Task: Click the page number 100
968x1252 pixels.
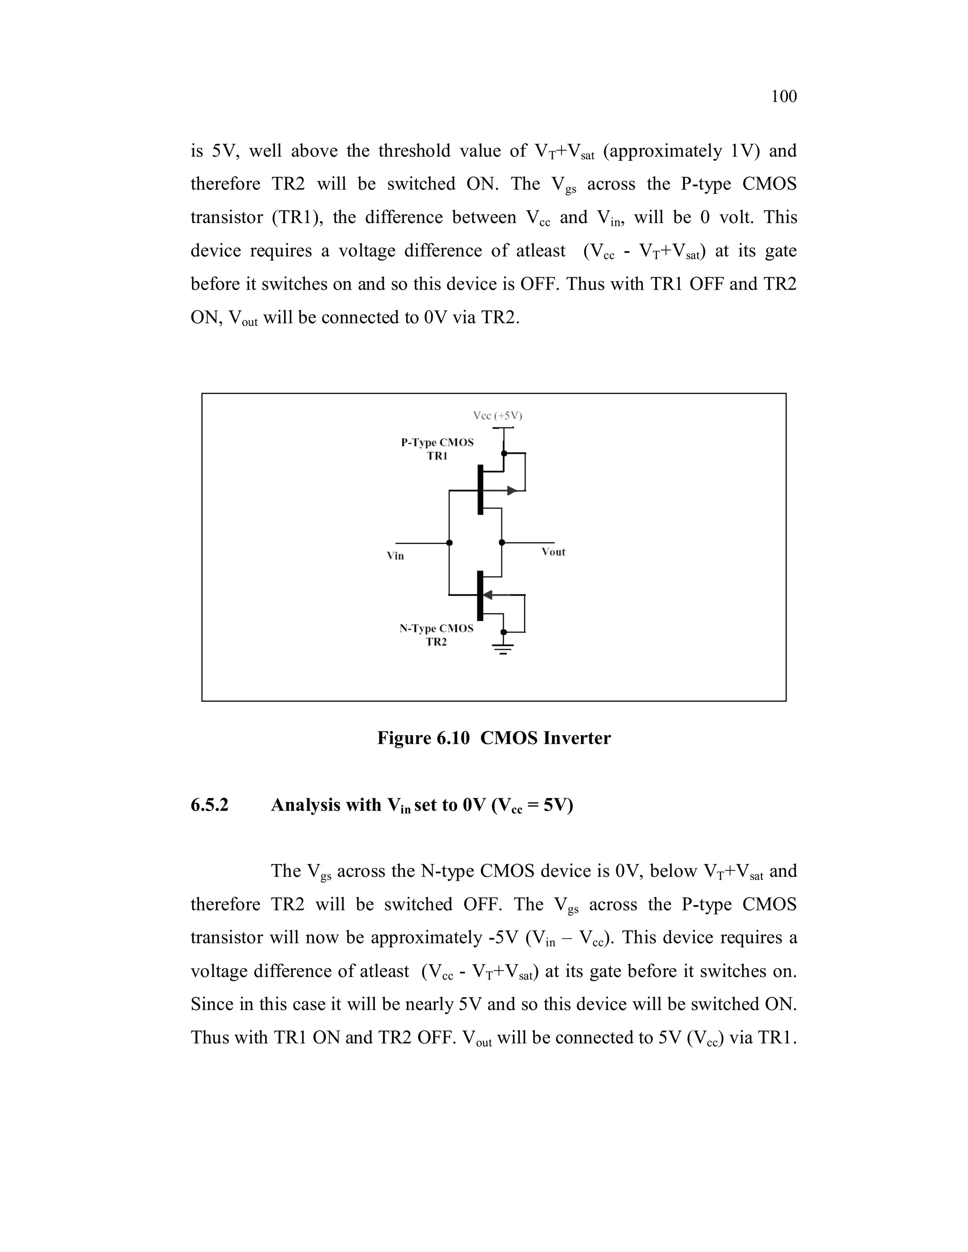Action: (783, 96)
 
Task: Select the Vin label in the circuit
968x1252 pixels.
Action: (395, 556)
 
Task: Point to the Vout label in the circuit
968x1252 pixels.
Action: (553, 552)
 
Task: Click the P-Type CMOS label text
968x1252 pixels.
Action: (437, 443)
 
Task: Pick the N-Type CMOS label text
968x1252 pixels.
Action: (436, 628)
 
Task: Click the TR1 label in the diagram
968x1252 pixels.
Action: (437, 456)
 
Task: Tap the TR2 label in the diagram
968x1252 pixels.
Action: (436, 642)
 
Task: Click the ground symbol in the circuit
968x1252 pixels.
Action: (503, 648)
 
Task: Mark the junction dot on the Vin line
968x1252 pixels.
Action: (449, 543)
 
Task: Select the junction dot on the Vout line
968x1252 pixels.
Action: (502, 542)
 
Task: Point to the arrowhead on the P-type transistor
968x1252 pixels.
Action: (511, 491)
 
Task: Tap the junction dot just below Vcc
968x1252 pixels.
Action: (503, 454)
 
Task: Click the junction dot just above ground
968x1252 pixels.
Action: (503, 632)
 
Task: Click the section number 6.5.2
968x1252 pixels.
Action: (209, 805)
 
